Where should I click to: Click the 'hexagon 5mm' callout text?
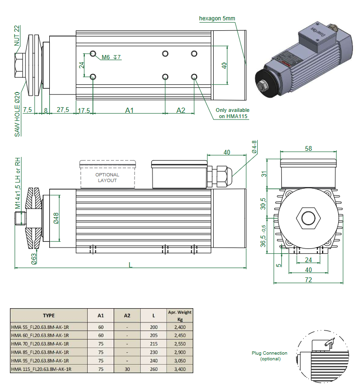(217, 18)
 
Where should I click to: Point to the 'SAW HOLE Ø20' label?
(17, 114)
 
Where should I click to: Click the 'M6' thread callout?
(106, 57)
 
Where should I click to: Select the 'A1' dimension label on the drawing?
(129, 110)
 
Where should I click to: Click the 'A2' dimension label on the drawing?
(180, 110)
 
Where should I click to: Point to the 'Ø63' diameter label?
(34, 258)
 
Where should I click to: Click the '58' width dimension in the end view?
(308, 148)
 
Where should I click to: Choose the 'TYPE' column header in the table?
(49, 315)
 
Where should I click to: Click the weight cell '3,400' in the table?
(180, 369)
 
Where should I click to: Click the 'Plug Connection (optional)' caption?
(270, 356)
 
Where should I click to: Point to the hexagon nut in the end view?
(308, 219)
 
